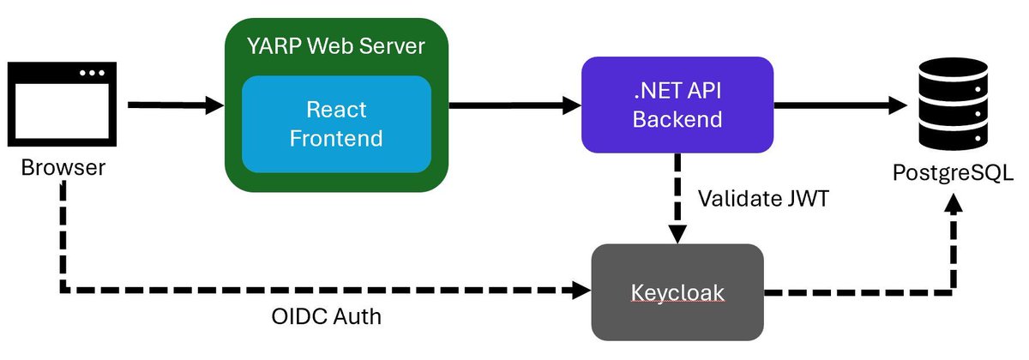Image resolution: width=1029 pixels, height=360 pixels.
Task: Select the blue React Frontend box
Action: tap(336, 123)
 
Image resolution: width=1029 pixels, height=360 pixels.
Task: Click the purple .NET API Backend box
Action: tap(677, 105)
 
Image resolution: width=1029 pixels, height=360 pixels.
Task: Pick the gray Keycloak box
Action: tap(677, 291)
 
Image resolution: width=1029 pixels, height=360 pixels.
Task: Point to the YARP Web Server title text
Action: tap(336, 46)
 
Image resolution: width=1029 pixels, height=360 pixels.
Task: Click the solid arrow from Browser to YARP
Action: tap(175, 105)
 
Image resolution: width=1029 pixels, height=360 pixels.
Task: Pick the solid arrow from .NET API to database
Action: tap(840, 105)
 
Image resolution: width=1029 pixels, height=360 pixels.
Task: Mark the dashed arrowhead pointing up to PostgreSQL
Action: tap(954, 206)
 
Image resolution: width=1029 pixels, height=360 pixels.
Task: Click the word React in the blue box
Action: tap(336, 110)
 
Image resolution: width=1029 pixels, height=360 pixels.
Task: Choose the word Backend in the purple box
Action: tap(677, 119)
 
